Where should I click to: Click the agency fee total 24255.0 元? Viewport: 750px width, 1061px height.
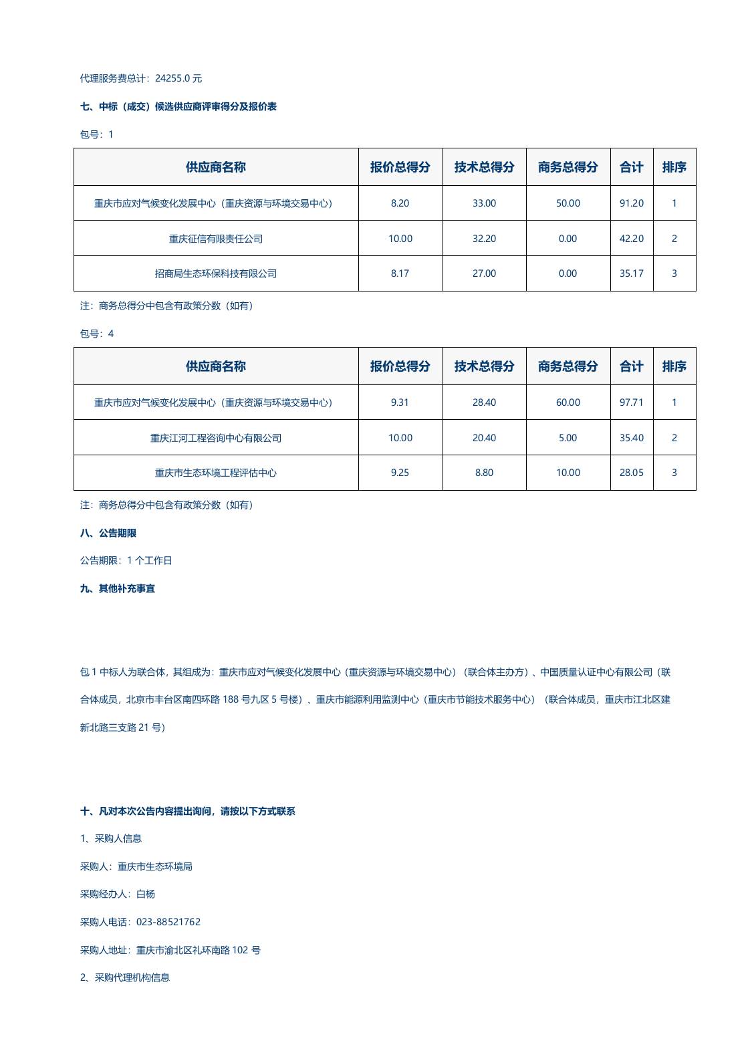[178, 78]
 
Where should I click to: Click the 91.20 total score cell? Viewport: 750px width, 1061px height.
[631, 203]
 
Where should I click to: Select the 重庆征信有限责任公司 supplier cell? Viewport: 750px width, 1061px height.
[215, 239]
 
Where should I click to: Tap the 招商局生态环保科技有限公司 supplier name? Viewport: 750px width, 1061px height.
[215, 273]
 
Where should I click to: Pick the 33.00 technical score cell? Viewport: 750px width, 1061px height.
[484, 203]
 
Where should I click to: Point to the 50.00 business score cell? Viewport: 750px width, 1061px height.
[568, 203]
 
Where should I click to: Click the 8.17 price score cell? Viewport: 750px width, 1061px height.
[400, 273]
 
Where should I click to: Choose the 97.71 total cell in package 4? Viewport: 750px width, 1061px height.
[631, 402]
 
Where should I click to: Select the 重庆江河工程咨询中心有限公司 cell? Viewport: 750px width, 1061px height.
[215, 438]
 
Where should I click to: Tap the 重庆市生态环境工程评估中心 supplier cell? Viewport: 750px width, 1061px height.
[215, 473]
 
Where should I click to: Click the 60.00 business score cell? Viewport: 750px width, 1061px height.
[568, 402]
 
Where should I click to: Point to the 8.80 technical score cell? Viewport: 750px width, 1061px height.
[484, 473]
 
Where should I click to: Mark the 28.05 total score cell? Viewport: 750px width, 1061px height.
[631, 473]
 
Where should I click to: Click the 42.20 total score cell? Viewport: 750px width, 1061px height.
[631, 239]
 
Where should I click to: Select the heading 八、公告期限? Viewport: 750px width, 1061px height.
[108, 533]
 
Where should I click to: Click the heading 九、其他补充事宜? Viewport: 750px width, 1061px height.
[117, 588]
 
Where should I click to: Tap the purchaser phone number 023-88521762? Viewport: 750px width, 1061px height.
[168, 922]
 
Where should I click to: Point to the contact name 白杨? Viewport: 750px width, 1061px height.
[145, 894]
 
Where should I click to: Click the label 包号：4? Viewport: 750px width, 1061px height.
[97, 334]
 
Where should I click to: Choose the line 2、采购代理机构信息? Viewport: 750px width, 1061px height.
[125, 977]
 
